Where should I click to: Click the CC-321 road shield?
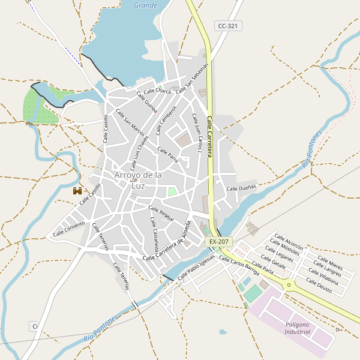tap(229, 26)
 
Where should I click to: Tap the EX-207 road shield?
tap(218, 241)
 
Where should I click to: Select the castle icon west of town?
tap(77, 191)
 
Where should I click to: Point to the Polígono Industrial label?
tap(298, 328)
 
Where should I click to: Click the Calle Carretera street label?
tap(211, 137)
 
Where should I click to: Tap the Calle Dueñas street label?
tap(241, 188)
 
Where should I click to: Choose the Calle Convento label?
tap(69, 229)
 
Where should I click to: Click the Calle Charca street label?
tap(158, 91)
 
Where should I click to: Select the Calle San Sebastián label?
tap(197, 76)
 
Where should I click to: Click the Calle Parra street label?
tap(168, 154)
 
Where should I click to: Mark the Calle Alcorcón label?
tap(289, 241)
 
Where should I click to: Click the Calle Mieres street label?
tap(331, 263)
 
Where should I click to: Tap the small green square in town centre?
tap(172, 191)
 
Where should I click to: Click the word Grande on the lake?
tap(145, 5)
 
